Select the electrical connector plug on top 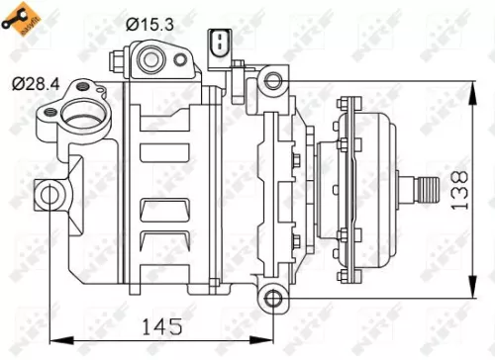pyautogui.click(x=219, y=45)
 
